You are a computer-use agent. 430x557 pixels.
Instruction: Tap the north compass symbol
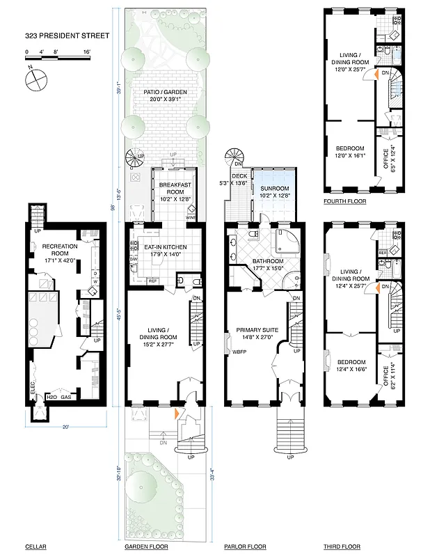click(x=34, y=81)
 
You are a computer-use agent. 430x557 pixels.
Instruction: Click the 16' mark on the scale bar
click(x=86, y=52)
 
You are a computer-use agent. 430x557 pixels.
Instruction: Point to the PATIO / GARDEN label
click(x=164, y=95)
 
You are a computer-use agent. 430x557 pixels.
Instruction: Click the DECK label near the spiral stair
click(x=239, y=177)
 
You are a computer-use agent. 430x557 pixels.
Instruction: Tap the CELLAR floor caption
click(x=35, y=547)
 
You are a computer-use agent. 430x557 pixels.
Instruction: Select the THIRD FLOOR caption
click(x=342, y=547)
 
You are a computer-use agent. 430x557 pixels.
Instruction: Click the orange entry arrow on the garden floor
click(x=176, y=414)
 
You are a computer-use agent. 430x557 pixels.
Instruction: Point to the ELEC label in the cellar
click(x=33, y=398)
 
